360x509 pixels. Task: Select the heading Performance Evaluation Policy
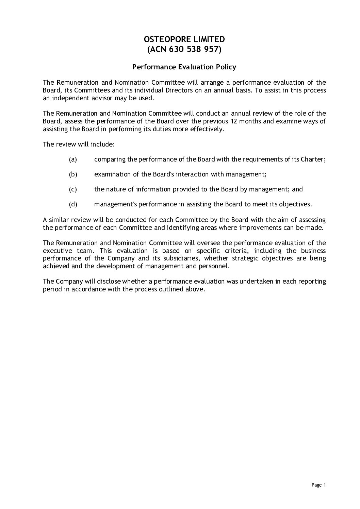pyautogui.click(x=184, y=67)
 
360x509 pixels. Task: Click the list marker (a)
pyautogui.click(x=73, y=159)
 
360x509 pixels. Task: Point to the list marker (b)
pyautogui.click(x=73, y=174)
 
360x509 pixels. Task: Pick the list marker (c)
pyautogui.click(x=73, y=189)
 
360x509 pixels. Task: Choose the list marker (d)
pyautogui.click(x=73, y=204)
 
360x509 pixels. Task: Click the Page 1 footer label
pyautogui.click(x=318, y=485)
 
